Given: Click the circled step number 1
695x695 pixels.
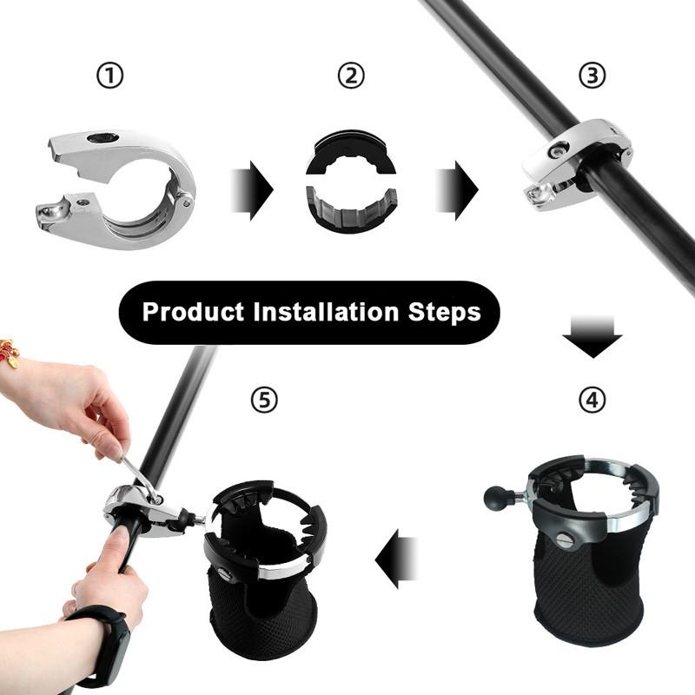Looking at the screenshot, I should click(x=109, y=76).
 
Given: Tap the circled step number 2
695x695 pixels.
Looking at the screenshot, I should click(x=350, y=76).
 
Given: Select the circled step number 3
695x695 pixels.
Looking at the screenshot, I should click(x=592, y=76).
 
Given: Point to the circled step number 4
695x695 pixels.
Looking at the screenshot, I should click(x=592, y=400).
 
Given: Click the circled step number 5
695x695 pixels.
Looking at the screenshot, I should click(x=264, y=400).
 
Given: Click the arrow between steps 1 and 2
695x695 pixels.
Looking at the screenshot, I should click(x=252, y=189).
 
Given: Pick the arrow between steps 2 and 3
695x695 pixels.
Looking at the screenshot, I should click(x=457, y=189).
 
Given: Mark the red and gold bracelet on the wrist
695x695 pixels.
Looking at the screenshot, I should click(x=10, y=353).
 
